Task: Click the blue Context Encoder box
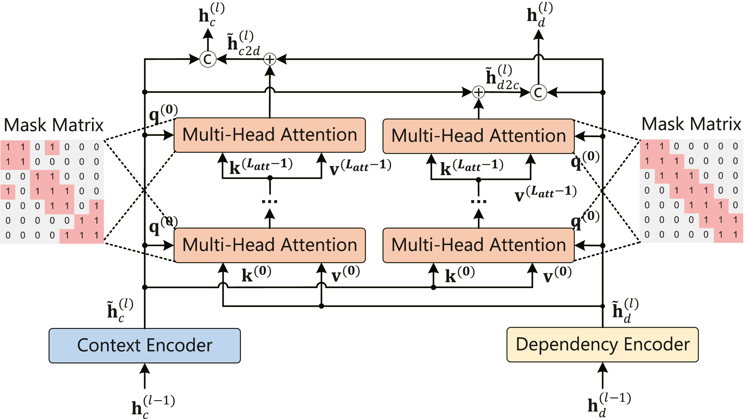click(x=145, y=345)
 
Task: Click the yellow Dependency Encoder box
click(x=603, y=344)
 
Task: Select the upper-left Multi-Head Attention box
click(x=270, y=135)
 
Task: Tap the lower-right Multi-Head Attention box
click(x=479, y=245)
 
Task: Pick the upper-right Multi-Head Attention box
click(x=479, y=136)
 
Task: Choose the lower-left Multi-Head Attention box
click(x=270, y=245)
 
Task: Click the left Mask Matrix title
click(x=54, y=125)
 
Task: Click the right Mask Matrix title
click(x=691, y=124)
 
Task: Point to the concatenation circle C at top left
click(x=208, y=59)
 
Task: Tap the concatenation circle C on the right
click(x=538, y=92)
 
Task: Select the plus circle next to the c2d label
click(x=270, y=60)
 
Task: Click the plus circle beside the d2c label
click(x=479, y=92)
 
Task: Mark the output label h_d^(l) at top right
click(x=540, y=14)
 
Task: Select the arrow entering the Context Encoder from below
click(x=145, y=376)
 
